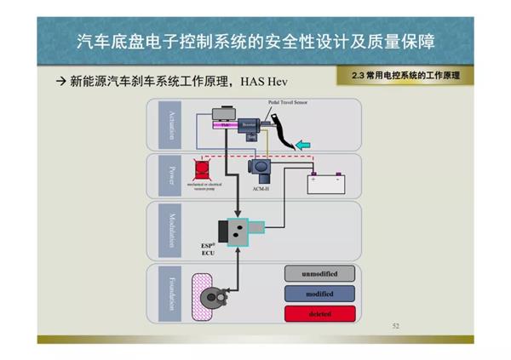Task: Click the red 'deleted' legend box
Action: click(x=319, y=312)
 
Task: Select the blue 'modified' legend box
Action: click(x=319, y=294)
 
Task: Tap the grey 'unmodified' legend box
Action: click(x=319, y=274)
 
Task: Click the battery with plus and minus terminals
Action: click(x=324, y=184)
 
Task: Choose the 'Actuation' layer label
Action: click(x=170, y=123)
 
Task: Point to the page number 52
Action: click(x=394, y=326)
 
